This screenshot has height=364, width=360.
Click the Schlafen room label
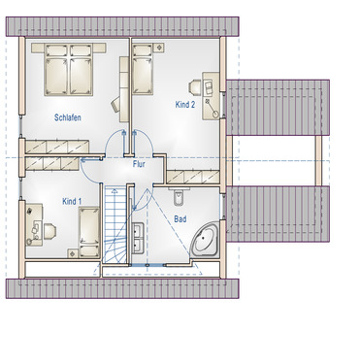67,117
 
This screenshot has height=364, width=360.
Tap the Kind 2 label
185,103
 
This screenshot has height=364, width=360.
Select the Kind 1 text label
73,201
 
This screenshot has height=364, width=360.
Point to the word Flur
140,164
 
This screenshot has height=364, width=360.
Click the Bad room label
180,219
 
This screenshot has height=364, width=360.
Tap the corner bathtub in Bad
207,239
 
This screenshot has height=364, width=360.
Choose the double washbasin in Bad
138,237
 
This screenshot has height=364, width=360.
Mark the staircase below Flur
117,233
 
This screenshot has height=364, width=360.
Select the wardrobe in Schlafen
58,146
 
